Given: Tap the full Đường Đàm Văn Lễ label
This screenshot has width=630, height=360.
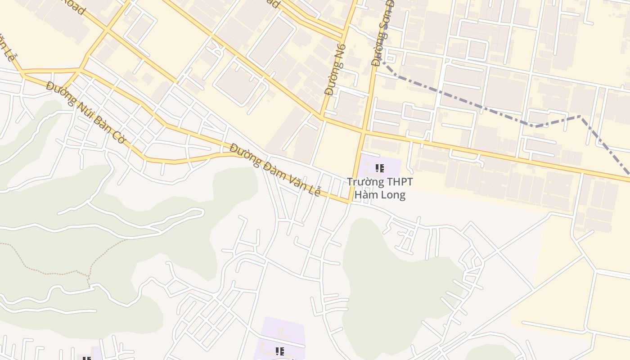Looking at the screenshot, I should pos(275,169).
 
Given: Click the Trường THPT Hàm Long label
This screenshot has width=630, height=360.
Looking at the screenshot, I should pos(380,188).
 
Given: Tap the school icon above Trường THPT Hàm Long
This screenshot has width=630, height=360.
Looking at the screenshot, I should pos(380,169).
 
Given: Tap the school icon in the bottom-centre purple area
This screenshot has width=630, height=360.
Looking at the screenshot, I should pos(279,351).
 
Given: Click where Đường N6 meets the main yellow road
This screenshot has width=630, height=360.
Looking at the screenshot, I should pos(322,117).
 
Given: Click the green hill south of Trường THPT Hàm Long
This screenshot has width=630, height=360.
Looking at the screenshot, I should pos(396,279).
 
